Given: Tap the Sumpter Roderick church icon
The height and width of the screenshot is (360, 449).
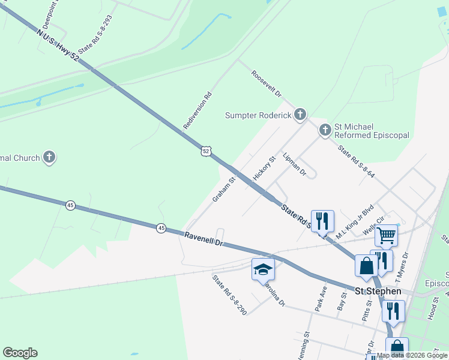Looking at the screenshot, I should click(300, 115).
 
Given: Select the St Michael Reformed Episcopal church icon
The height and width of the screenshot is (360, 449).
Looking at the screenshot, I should click(325, 130).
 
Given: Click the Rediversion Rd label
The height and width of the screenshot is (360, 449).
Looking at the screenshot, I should click(198, 110).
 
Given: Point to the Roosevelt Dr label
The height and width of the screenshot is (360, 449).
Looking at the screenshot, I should click(267, 85).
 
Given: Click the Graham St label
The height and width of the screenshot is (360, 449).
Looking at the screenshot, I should click(224, 188).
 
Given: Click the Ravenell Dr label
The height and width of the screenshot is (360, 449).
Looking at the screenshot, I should click(203, 240).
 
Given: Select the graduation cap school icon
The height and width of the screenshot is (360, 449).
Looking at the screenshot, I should click(262, 269).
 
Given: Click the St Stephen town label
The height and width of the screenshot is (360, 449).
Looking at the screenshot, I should click(378, 291).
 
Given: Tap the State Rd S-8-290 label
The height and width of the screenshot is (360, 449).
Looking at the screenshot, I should click(229, 295).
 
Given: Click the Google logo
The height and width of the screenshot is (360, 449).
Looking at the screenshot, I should click(20, 353).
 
